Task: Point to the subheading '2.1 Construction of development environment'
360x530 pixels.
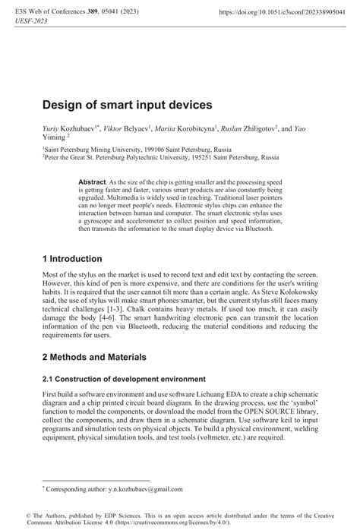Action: [124, 378]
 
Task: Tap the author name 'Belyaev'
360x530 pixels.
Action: [141, 131]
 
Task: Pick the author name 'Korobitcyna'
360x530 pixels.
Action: [193, 131]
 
